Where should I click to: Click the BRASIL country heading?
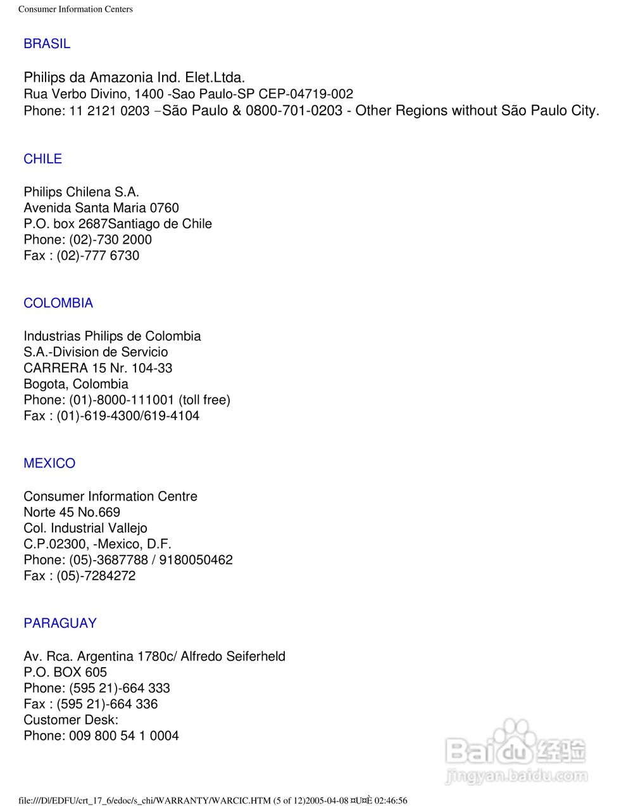click(47, 44)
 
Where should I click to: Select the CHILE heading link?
click(42, 159)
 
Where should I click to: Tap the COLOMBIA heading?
click(58, 303)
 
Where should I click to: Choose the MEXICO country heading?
click(49, 463)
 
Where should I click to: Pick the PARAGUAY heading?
click(60, 623)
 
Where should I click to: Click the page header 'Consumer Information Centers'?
click(75, 9)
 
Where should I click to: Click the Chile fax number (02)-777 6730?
click(98, 255)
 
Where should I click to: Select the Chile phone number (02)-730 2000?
click(111, 239)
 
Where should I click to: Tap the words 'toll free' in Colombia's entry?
click(204, 400)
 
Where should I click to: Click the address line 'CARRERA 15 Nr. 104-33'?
click(97, 368)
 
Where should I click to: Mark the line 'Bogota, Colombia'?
click(76, 384)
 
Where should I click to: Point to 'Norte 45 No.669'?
click(72, 512)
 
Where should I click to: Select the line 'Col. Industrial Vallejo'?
click(85, 528)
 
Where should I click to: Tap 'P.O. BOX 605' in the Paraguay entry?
click(65, 672)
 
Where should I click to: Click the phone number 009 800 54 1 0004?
click(124, 736)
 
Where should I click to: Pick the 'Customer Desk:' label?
click(71, 720)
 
